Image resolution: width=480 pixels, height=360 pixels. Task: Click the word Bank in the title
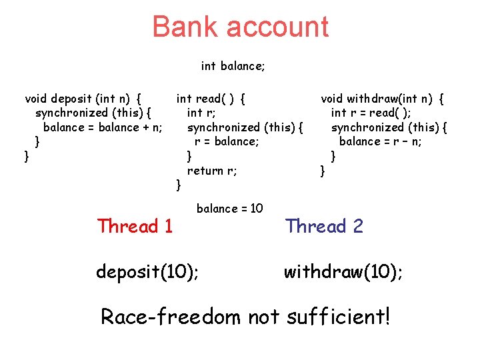(x=185, y=27)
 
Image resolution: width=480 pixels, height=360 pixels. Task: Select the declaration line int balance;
(x=233, y=66)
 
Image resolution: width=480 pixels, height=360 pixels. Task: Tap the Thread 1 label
(x=135, y=227)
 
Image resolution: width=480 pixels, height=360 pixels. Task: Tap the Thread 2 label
(x=324, y=227)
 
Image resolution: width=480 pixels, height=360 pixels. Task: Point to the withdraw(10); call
(x=343, y=272)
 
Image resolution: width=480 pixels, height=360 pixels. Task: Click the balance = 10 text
(x=230, y=209)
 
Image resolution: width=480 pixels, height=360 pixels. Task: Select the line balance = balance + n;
(x=103, y=127)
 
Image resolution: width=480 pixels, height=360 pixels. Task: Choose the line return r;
(x=212, y=171)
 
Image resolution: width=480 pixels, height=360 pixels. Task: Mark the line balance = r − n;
(x=380, y=141)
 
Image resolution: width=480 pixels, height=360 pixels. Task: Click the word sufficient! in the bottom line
(x=339, y=317)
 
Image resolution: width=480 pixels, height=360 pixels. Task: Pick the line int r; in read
(x=201, y=113)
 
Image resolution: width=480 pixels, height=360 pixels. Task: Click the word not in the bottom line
(x=265, y=317)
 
